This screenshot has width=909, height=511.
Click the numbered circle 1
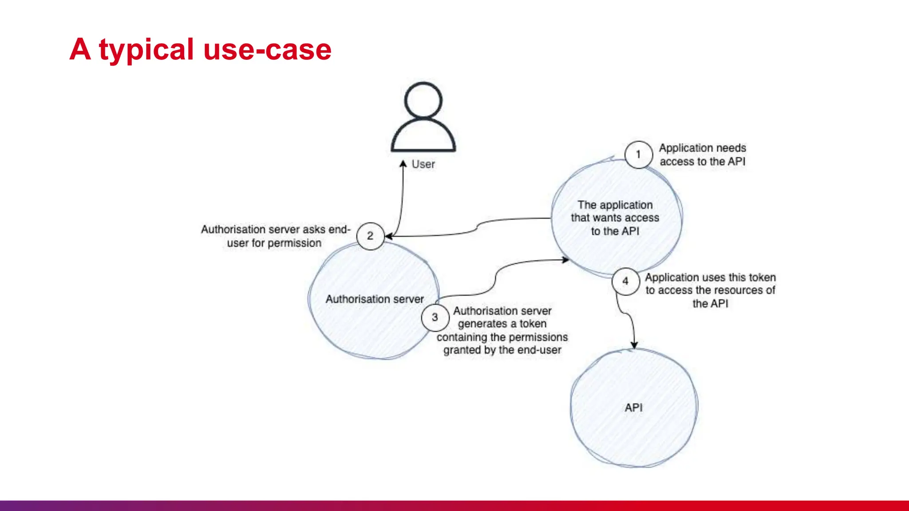(638, 154)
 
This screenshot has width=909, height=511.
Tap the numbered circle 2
(370, 236)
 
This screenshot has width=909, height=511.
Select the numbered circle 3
(435, 317)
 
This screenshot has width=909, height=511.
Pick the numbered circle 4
(625, 281)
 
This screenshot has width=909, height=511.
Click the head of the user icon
(423, 100)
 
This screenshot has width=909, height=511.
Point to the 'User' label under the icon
(423, 164)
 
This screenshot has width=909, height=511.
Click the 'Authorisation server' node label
(375, 299)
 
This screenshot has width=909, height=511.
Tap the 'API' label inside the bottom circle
(633, 408)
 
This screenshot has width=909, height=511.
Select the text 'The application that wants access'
(615, 212)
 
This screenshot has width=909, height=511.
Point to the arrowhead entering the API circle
(634, 346)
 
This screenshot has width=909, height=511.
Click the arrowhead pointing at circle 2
(388, 236)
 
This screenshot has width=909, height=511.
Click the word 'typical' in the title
(146, 50)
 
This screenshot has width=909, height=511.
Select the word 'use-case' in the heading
(267, 50)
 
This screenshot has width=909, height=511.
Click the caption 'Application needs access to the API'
(702, 155)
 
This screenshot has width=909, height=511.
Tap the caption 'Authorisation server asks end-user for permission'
(275, 236)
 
